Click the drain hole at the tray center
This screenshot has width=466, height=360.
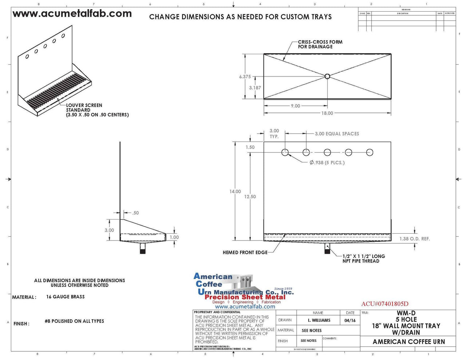click(x=327, y=76)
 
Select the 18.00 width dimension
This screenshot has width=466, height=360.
click(x=327, y=113)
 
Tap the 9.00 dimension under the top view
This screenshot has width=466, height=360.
click(x=295, y=106)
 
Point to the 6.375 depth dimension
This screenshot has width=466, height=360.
click(x=245, y=77)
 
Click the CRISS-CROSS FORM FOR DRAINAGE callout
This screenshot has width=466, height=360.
click(x=320, y=44)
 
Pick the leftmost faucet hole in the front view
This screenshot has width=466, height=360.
click(x=285, y=153)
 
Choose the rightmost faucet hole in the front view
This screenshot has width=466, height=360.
click(x=370, y=153)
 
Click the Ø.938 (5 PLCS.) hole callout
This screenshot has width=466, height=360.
click(x=327, y=163)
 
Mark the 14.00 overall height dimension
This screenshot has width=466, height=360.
click(x=235, y=191)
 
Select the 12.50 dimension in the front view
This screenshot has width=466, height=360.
click(x=250, y=197)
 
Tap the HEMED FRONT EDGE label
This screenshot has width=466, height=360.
click(x=245, y=252)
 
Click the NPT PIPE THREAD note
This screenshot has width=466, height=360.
click(x=363, y=258)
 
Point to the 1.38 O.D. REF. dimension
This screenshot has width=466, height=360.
click(x=414, y=239)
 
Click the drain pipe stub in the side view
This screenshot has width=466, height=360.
click(x=143, y=249)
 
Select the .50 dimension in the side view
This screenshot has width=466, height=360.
click(x=135, y=213)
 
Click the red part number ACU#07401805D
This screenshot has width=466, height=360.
click(x=384, y=304)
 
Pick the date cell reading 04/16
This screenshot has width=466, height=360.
click(x=350, y=320)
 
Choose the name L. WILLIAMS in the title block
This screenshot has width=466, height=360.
click(x=319, y=320)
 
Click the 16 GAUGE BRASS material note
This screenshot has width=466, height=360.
click(x=65, y=297)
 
